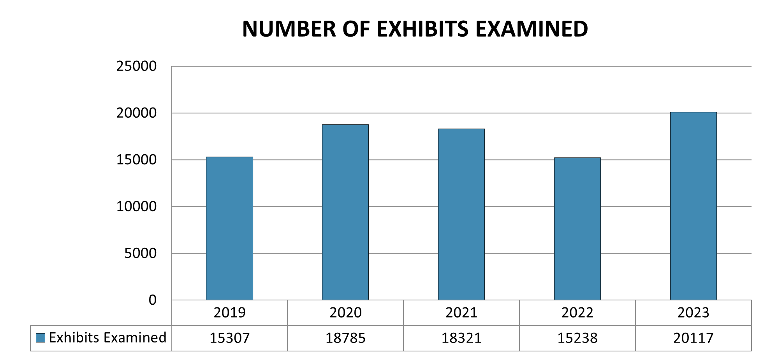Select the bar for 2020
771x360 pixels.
pyautogui.click(x=345, y=212)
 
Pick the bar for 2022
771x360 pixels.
pyautogui.click(x=577, y=229)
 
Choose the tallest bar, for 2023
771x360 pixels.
pyautogui.click(x=693, y=206)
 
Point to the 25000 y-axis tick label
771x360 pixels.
pyautogui.click(x=136, y=66)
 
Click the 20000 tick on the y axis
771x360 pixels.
pyautogui.click(x=136, y=113)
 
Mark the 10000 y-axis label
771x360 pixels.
pyautogui.click(x=136, y=206)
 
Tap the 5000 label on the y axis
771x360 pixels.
pyautogui.click(x=140, y=253)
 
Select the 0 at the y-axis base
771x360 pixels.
pyautogui.click(x=152, y=300)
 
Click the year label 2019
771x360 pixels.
pyautogui.click(x=229, y=312)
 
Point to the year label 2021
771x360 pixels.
pyautogui.click(x=461, y=312)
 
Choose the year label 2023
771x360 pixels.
pyautogui.click(x=693, y=312)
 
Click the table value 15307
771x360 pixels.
pyautogui.click(x=229, y=338)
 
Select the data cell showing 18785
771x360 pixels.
pyautogui.click(x=345, y=338)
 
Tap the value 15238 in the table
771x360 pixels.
pyautogui.click(x=577, y=338)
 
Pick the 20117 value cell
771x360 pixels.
pyautogui.click(x=693, y=338)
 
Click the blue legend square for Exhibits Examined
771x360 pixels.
pyautogui.click(x=40, y=338)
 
